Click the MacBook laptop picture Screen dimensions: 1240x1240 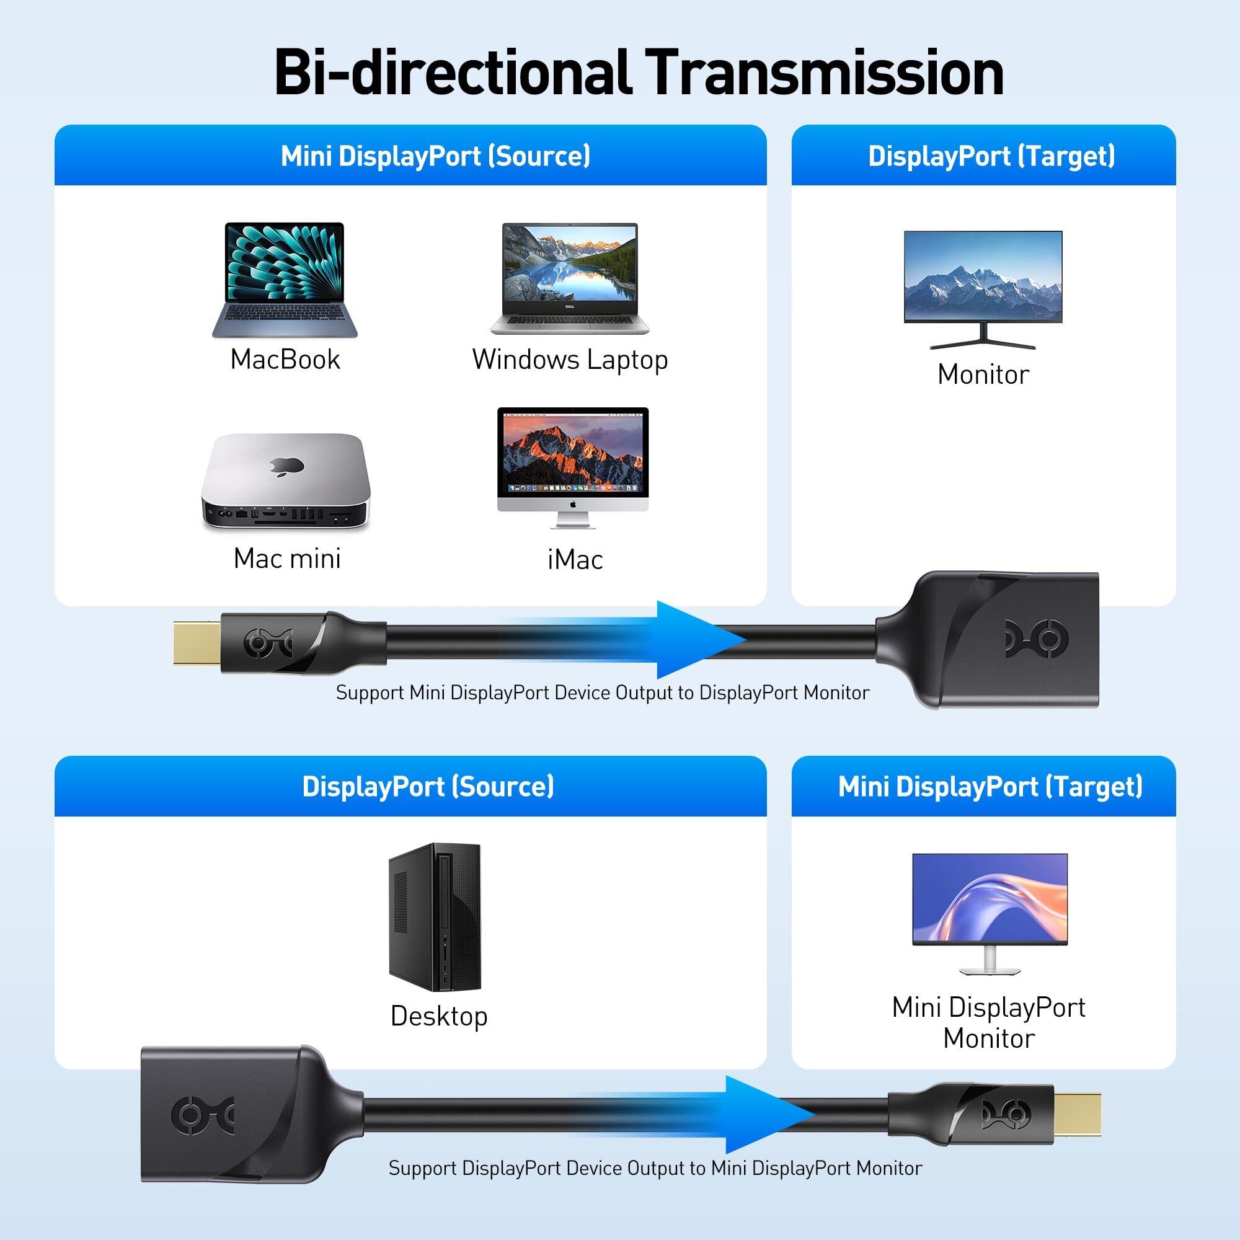(285, 280)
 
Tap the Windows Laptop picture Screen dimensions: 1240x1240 (570, 278)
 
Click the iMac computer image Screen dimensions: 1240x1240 (573, 468)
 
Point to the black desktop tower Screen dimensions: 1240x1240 (435, 917)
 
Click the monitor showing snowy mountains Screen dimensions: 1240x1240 (983, 290)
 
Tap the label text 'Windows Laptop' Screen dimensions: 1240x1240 (570, 360)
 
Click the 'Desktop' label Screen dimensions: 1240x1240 (439, 1017)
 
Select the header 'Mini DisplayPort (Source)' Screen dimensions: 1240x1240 (435, 156)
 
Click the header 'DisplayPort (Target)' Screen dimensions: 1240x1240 (991, 156)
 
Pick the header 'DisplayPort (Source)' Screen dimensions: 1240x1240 (428, 786)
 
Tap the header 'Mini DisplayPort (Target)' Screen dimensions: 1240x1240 (990, 786)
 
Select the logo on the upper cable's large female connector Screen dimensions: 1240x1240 (1032, 640)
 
